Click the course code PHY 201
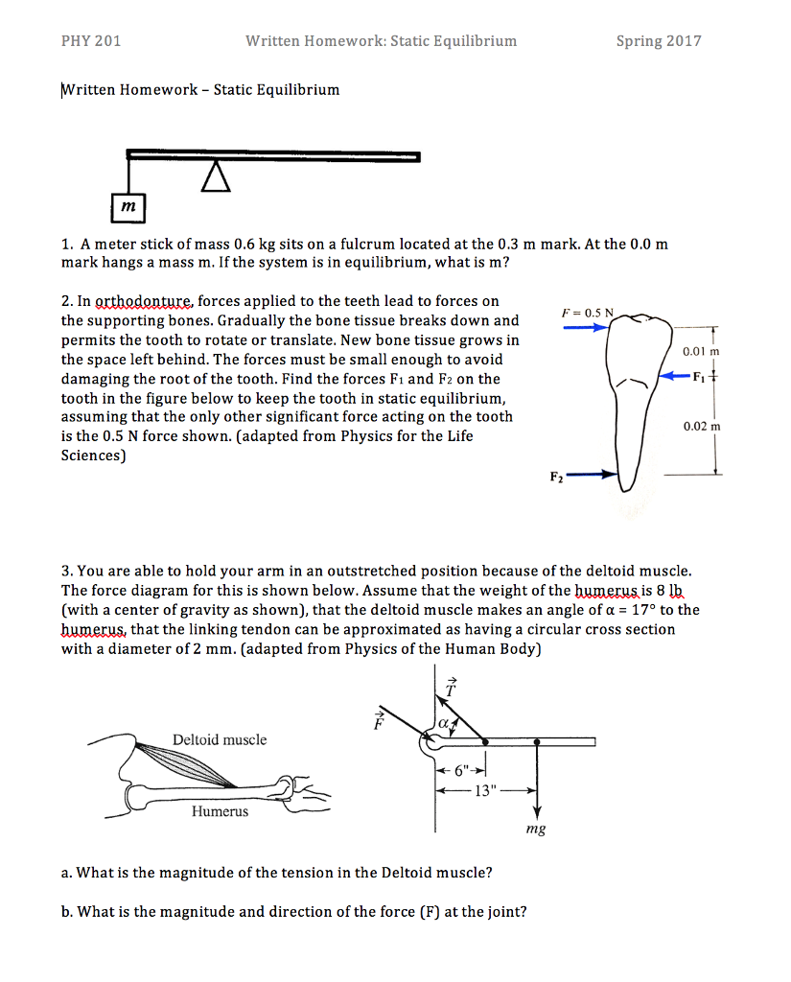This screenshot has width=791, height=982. [x=90, y=41]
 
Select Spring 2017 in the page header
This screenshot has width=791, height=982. [x=659, y=41]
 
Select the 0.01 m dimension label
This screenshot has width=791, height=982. [x=701, y=352]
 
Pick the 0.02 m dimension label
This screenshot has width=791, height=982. [x=701, y=425]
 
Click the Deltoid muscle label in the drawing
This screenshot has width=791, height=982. [x=220, y=739]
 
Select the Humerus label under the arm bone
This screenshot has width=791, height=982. [x=220, y=811]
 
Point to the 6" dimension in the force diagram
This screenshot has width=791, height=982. [x=463, y=770]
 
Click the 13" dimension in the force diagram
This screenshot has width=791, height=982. [x=486, y=791]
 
